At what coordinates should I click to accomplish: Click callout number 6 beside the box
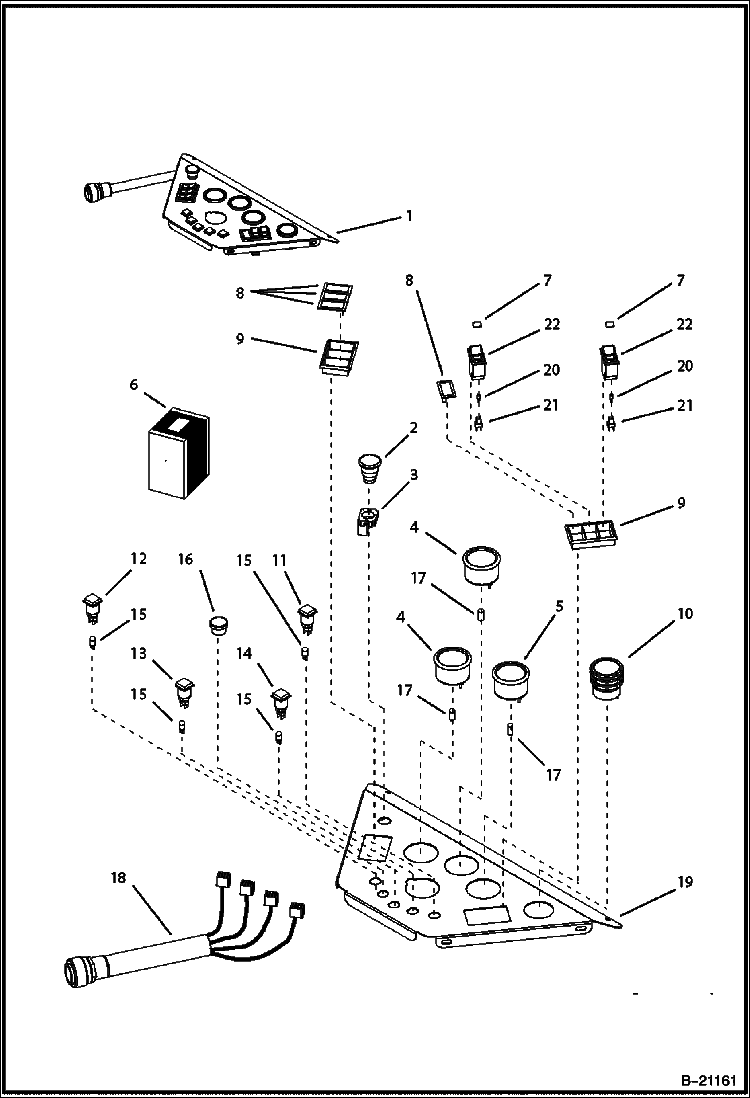[133, 384]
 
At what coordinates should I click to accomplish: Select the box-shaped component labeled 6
[179, 454]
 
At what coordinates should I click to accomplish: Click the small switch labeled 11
[308, 618]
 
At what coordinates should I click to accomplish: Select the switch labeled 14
[281, 702]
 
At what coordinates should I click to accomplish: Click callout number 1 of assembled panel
[409, 216]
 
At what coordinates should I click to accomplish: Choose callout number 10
[685, 614]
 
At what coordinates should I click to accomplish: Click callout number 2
[414, 428]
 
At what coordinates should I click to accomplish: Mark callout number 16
[185, 559]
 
